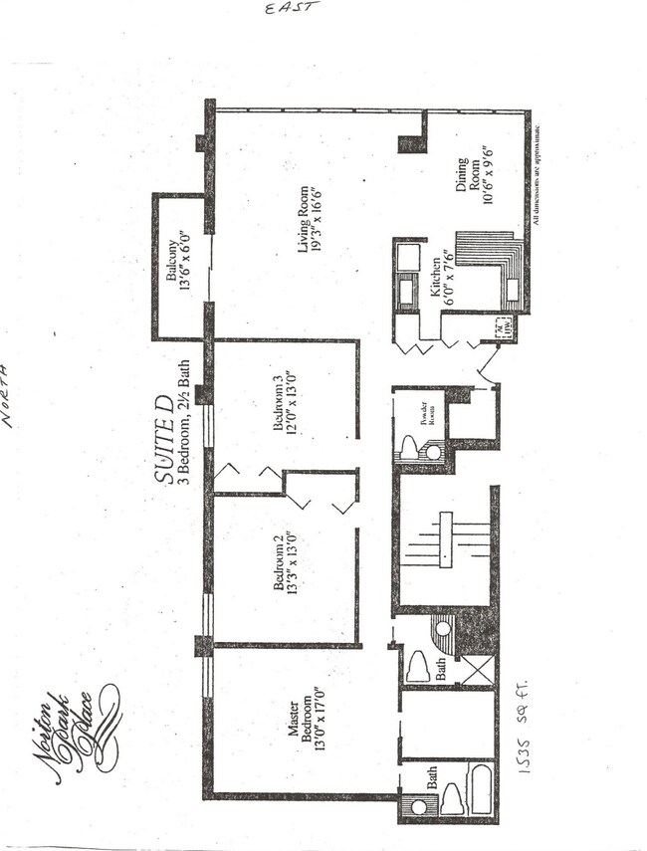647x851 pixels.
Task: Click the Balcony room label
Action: [x=178, y=263]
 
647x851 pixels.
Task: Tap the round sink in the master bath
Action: [x=417, y=806]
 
